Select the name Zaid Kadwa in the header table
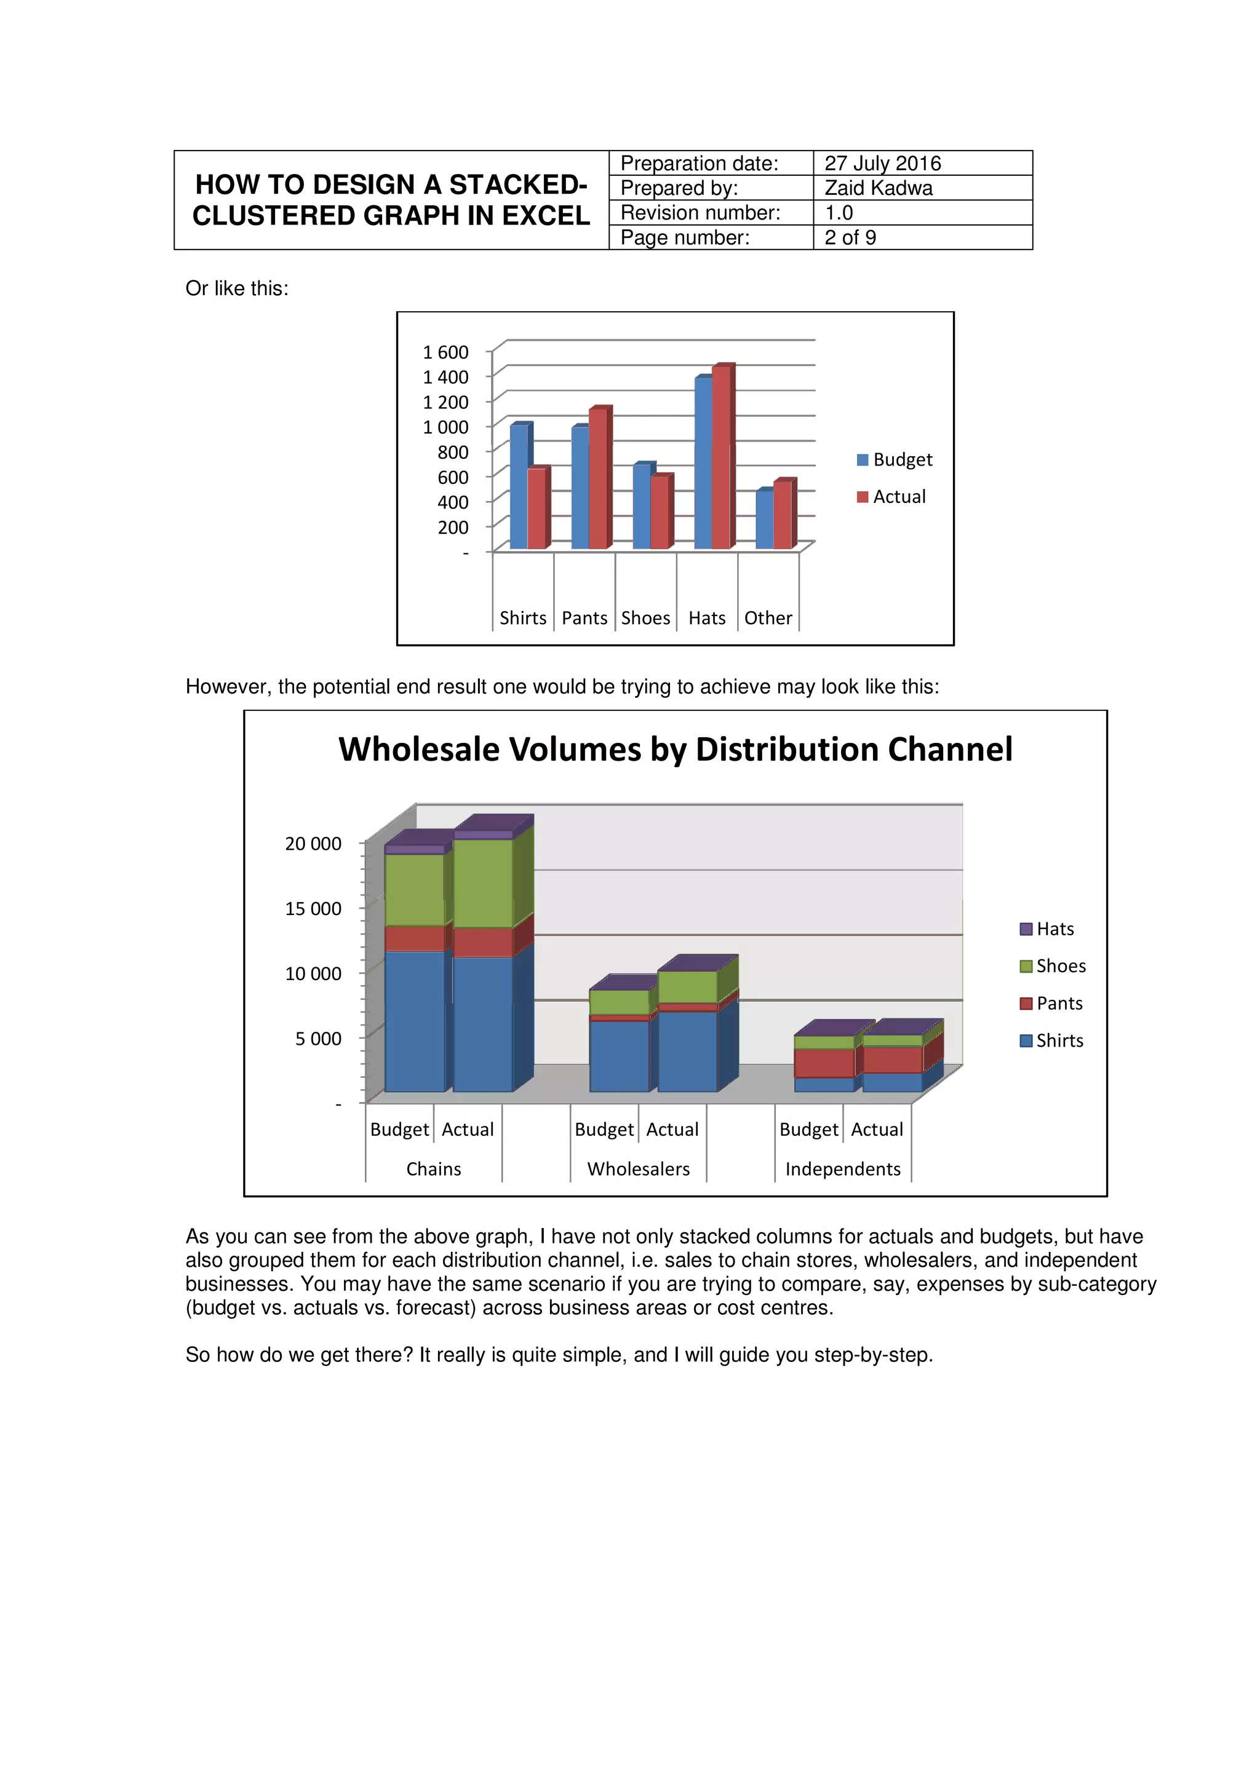(878, 188)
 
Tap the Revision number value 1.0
(839, 213)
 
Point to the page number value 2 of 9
(850, 237)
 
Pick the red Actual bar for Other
(782, 515)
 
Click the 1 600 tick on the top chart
(445, 352)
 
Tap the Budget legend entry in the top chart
(901, 459)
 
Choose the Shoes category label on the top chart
(645, 618)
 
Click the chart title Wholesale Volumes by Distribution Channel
(676, 750)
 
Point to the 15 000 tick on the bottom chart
(313, 909)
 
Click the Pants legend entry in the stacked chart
(1058, 1004)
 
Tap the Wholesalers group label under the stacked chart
(638, 1169)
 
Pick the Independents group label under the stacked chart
(843, 1169)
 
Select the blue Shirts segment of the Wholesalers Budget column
(619, 1056)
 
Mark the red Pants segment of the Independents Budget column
(824, 1063)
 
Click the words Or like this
(237, 289)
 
